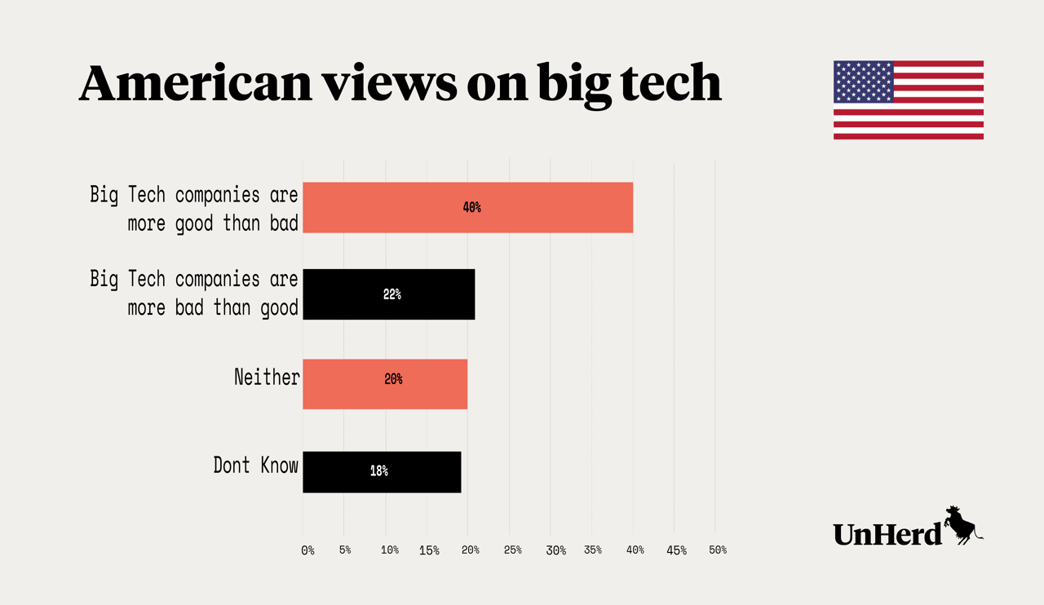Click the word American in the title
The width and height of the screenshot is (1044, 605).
195,83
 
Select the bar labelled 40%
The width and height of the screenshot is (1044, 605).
467,207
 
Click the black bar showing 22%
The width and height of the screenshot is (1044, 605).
388,294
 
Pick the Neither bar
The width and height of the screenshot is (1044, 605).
385,383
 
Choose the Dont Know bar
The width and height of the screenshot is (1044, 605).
382,471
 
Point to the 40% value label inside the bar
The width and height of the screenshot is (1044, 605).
471,207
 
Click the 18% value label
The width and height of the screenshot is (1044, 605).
378,471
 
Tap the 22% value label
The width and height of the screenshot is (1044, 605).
392,294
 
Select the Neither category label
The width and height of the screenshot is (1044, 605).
267,378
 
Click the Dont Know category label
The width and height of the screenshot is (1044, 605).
256,466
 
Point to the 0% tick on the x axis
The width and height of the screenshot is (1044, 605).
307,550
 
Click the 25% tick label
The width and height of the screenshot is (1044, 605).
513,550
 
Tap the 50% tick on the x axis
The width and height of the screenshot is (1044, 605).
718,550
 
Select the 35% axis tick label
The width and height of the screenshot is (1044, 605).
593,550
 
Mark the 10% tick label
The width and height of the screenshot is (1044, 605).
390,550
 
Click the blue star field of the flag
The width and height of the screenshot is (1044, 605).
863,82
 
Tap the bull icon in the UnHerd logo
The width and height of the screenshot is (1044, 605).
963,524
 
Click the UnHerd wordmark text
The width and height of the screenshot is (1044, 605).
887,533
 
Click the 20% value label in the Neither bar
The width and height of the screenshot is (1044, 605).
393,379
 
